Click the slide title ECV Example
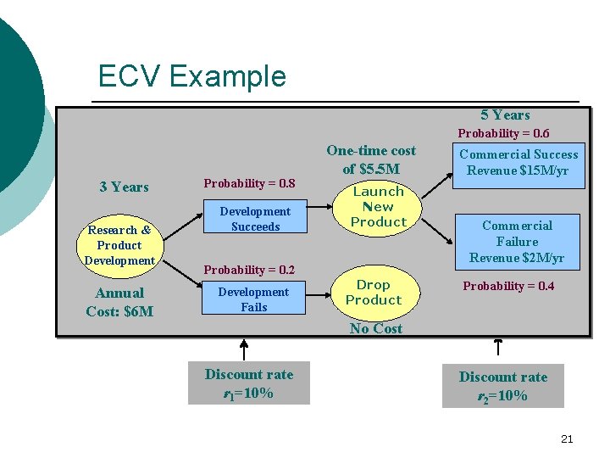pyautogui.click(x=191, y=76)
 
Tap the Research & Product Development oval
pyautogui.click(x=119, y=245)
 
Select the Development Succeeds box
pyautogui.click(x=254, y=219)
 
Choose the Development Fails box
pyautogui.click(x=254, y=299)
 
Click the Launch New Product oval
pyautogui.click(x=378, y=207)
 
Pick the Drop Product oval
pyautogui.click(x=374, y=293)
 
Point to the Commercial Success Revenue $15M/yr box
pyautogui.click(x=518, y=162)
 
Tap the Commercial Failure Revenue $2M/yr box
pyautogui.click(x=517, y=242)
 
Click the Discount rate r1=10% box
pyautogui.click(x=249, y=383)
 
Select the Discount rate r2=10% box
pyautogui.click(x=503, y=386)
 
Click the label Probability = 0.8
pyautogui.click(x=250, y=183)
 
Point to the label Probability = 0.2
pyautogui.click(x=250, y=270)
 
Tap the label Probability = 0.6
pyautogui.click(x=503, y=133)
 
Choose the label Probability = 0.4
pyautogui.click(x=508, y=286)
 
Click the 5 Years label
pyautogui.click(x=505, y=115)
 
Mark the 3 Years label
pyautogui.click(x=124, y=187)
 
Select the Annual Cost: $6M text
pyautogui.click(x=119, y=302)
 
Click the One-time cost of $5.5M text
pyautogui.click(x=371, y=159)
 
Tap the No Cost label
pyautogui.click(x=376, y=328)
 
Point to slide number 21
pyautogui.click(x=568, y=438)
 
